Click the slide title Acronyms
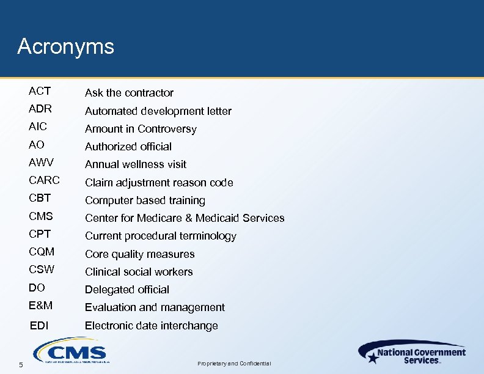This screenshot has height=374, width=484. (66, 47)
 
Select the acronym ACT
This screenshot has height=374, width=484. (40, 91)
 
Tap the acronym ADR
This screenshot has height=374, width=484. (40, 109)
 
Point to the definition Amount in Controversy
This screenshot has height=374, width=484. (141, 129)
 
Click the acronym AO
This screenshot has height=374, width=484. (37, 145)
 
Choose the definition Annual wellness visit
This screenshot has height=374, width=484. (136, 164)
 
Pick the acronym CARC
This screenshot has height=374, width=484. (44, 180)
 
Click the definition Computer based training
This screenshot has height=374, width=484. (145, 200)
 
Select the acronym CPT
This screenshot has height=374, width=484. (40, 234)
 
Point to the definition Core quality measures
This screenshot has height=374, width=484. (139, 254)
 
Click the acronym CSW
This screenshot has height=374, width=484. (42, 269)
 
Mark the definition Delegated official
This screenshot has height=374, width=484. (127, 290)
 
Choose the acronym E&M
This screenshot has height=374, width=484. (41, 305)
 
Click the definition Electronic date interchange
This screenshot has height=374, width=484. (151, 326)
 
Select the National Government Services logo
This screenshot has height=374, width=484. (413, 353)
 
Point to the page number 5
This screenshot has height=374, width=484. (21, 365)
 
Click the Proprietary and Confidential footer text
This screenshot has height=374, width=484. (234, 364)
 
